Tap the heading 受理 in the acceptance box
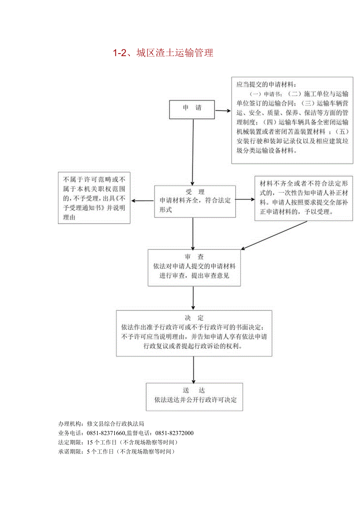[195, 192]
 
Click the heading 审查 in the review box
[194, 257]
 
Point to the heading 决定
[194, 318]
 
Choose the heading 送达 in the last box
[194, 390]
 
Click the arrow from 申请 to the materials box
[223, 110]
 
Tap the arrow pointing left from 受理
[142, 201]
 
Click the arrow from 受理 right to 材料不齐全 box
[245, 199]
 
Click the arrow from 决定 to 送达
[194, 369]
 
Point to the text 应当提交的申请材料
[266, 84]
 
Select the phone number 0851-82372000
[175, 433]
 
